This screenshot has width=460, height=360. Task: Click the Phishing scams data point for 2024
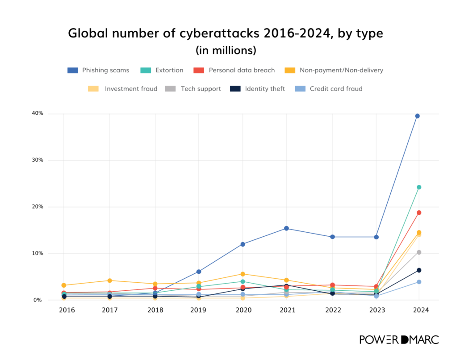click(x=418, y=116)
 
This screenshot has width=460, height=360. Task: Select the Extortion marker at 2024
click(x=419, y=187)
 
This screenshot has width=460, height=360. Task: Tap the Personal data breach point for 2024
click(x=419, y=213)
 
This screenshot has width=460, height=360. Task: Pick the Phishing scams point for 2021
click(x=286, y=228)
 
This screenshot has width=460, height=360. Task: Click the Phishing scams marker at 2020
click(x=243, y=244)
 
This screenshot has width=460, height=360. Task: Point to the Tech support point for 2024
click(x=419, y=252)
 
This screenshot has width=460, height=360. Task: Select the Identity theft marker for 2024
click(x=419, y=270)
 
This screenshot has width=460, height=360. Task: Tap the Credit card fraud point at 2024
click(x=419, y=282)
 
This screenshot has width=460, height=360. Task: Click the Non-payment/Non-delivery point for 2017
click(x=109, y=280)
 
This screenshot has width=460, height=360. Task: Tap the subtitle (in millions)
click(x=226, y=50)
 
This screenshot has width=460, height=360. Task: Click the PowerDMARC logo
click(x=399, y=339)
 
